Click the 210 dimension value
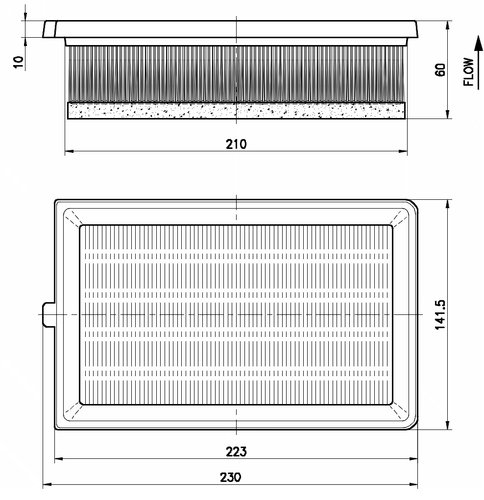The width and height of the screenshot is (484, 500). tap(236, 144)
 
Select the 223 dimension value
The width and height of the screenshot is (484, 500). tap(236, 452)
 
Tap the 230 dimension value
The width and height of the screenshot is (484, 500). tap(230, 477)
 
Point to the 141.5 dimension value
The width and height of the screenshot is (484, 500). tap(440, 315)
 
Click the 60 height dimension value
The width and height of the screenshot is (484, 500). tap(440, 70)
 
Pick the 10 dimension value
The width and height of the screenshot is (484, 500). tap(19, 62)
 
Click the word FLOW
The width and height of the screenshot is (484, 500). tap(468, 72)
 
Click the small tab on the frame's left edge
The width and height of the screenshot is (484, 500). tap(48, 315)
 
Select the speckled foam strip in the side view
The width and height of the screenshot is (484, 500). tap(236, 111)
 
